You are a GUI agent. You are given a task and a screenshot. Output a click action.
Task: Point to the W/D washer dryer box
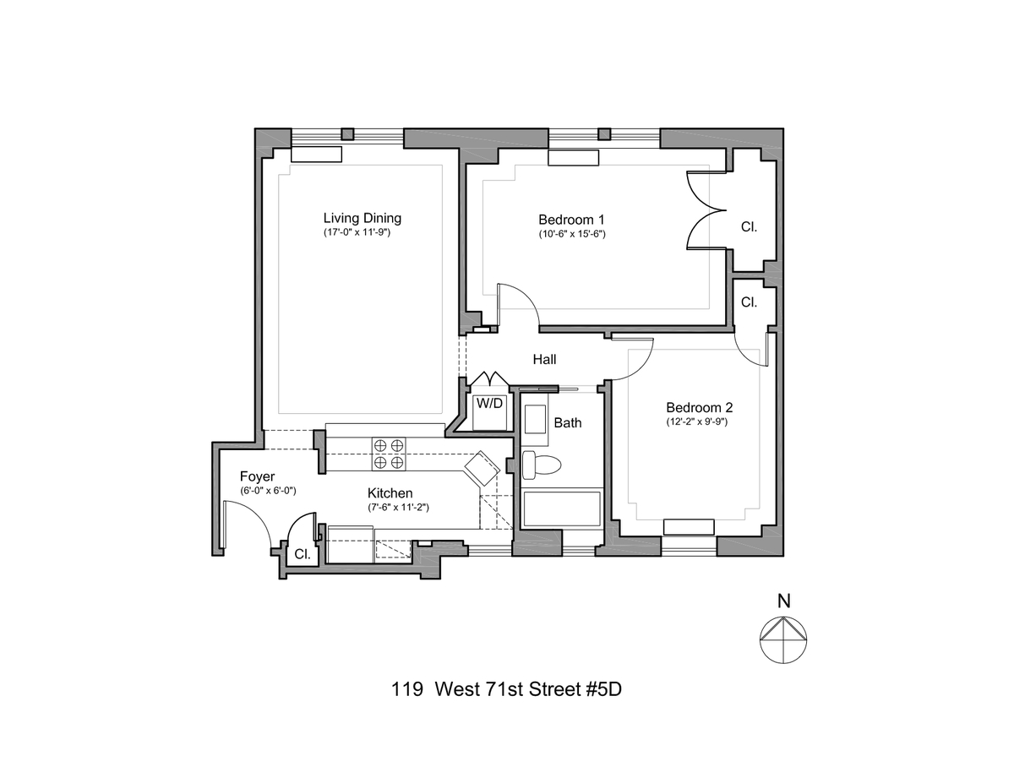tap(489, 403)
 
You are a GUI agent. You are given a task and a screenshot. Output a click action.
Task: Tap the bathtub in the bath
tap(562, 508)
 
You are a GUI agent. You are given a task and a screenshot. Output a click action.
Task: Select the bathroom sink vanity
tap(536, 420)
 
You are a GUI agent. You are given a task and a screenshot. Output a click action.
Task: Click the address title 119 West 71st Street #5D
tap(507, 688)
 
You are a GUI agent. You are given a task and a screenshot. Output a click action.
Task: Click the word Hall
tap(544, 360)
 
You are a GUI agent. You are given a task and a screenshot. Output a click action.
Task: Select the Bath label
tap(568, 422)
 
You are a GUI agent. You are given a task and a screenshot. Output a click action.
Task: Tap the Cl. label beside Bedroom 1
tap(749, 227)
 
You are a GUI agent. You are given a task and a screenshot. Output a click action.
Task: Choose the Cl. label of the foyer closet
tap(302, 556)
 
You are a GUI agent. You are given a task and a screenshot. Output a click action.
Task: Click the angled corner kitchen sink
tap(482, 467)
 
